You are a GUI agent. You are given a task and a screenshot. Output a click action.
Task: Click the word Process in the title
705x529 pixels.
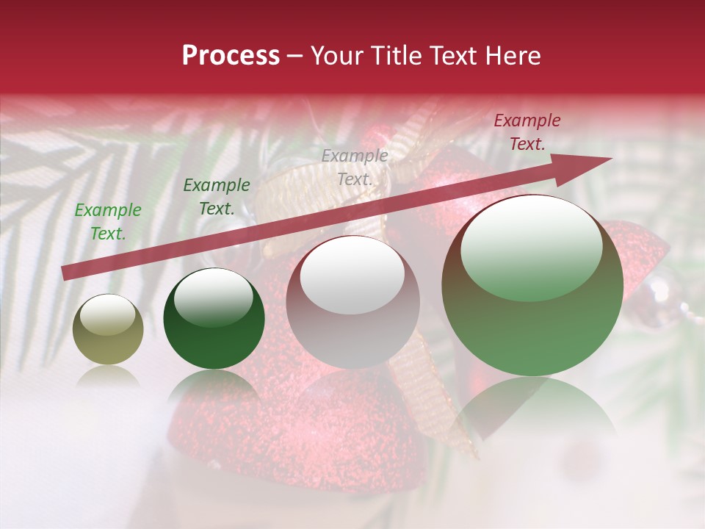pyautogui.click(x=231, y=56)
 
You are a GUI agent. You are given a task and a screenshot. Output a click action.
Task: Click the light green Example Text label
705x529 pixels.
pyautogui.click(x=108, y=222)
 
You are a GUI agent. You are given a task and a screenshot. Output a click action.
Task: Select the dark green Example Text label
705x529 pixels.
pyautogui.click(x=216, y=197)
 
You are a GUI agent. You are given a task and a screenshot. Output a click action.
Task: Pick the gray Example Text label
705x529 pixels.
pyautogui.click(x=355, y=167)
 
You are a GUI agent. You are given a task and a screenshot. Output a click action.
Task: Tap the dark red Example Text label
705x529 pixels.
pyautogui.click(x=527, y=132)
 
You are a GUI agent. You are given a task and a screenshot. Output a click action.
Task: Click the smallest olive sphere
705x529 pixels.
pyautogui.click(x=108, y=330)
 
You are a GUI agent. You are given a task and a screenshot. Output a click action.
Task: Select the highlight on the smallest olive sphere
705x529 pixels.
pyautogui.click(x=108, y=316)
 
